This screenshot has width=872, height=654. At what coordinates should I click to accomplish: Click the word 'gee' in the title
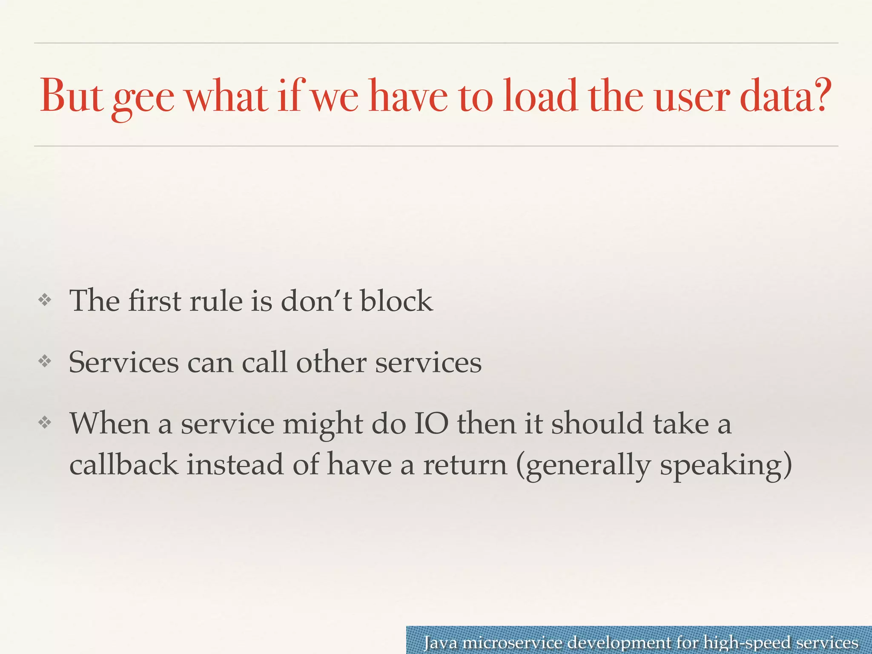(x=143, y=99)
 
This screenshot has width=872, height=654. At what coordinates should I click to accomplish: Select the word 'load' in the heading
(x=540, y=96)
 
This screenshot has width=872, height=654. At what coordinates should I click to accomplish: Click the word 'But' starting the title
(x=71, y=96)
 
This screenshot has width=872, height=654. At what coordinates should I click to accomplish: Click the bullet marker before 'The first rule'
(x=45, y=301)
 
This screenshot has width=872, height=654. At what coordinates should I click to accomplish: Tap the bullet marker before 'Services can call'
(x=45, y=362)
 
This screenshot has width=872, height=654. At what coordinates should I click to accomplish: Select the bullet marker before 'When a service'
(x=45, y=423)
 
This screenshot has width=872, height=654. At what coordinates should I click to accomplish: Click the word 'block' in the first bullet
(x=396, y=301)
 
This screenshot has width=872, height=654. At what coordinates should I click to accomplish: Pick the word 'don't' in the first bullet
(x=316, y=301)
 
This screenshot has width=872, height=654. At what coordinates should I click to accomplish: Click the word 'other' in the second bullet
(x=331, y=363)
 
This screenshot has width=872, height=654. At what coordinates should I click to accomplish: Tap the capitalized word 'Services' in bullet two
(x=124, y=363)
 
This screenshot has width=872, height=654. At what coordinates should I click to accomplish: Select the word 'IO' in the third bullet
(x=431, y=424)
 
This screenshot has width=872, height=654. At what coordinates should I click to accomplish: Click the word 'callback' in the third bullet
(x=123, y=464)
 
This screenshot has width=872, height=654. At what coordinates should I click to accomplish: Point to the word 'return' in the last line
(x=465, y=465)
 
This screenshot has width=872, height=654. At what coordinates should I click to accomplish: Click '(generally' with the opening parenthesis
(x=583, y=466)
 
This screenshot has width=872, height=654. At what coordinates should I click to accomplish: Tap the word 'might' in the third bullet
(x=322, y=425)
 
